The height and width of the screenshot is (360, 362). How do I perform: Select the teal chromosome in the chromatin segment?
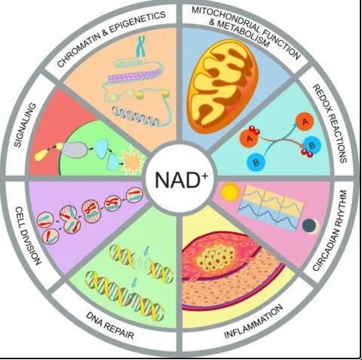coord(141,46)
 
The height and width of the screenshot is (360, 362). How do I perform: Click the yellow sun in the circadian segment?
coord(230,193)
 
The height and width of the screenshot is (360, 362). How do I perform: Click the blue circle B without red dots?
coord(256,162)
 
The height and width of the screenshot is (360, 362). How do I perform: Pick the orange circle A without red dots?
coord(305,122)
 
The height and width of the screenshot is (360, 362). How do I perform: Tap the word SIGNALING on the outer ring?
coord(25,125)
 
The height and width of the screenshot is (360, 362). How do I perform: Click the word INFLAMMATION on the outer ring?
coord(253,322)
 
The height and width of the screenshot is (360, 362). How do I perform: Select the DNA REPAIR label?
coord(110,325)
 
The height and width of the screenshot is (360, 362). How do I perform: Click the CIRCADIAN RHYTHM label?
coord(330,230)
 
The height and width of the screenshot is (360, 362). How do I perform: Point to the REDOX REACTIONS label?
coord(330,124)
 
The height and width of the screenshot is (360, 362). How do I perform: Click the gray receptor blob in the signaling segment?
coord(73,150)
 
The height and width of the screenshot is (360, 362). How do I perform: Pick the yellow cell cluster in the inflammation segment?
coord(216,258)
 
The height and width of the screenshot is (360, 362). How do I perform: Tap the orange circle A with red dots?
coord(250,137)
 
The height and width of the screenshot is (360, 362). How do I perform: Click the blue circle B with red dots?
coord(311,147)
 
